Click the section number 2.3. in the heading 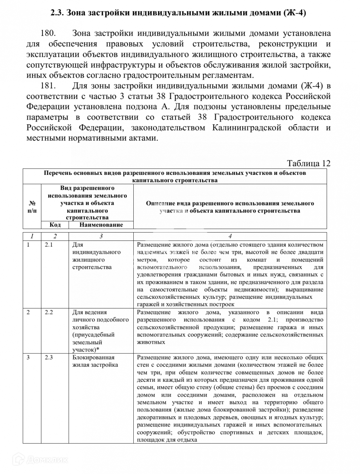coord(57,13)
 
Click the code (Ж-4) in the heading coord(295,13)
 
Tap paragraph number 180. coord(48,33)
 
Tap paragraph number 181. coord(48,86)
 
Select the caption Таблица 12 coord(308,163)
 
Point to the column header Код coord(55,225)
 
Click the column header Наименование coord(101,225)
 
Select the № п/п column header coord(32,207)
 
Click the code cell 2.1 coord(49,244)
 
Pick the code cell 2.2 coord(49,312)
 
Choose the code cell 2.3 coord(49,357)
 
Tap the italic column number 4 coord(230,236)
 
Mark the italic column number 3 coord(101,236)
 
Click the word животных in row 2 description coord(151,342)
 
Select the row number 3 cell coord(28,357)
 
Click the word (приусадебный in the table coord(93,335)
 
